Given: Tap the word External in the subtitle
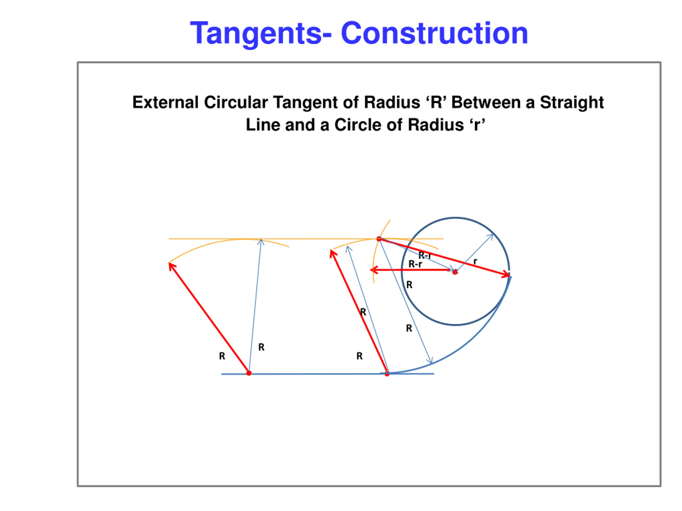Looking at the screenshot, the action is point(165,102).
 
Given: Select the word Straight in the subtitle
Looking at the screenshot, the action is point(572,102).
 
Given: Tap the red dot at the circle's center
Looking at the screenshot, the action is point(455,272).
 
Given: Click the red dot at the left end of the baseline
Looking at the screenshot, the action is point(249,373).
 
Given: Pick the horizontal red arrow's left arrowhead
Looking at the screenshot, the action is point(373,270).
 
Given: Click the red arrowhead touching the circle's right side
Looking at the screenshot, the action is point(506,274).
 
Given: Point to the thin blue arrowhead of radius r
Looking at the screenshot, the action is point(491,236).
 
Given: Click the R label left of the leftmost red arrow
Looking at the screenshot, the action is point(222,356).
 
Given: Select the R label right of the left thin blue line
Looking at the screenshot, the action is point(261,347).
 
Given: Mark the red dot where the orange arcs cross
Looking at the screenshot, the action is point(379,239).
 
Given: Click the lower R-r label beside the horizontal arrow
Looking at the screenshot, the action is point(415,264).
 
